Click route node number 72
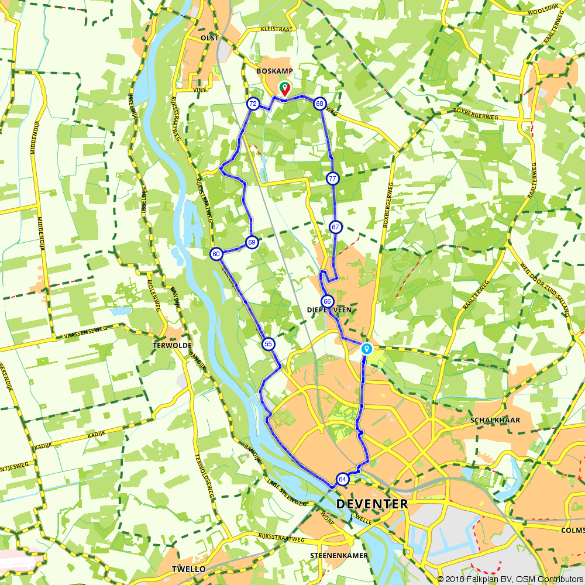click(253, 104)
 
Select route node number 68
click(319, 104)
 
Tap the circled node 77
click(332, 178)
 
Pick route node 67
click(335, 227)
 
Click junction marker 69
click(252, 242)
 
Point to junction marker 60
click(216, 254)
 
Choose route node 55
click(268, 344)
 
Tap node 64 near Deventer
click(342, 480)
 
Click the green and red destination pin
click(284, 88)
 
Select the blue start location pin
click(366, 348)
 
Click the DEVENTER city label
click(372, 504)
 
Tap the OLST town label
click(209, 38)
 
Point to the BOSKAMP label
click(274, 71)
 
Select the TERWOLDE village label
click(172, 345)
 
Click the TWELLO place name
click(188, 569)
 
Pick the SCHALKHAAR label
click(495, 420)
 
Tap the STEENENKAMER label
click(340, 555)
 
